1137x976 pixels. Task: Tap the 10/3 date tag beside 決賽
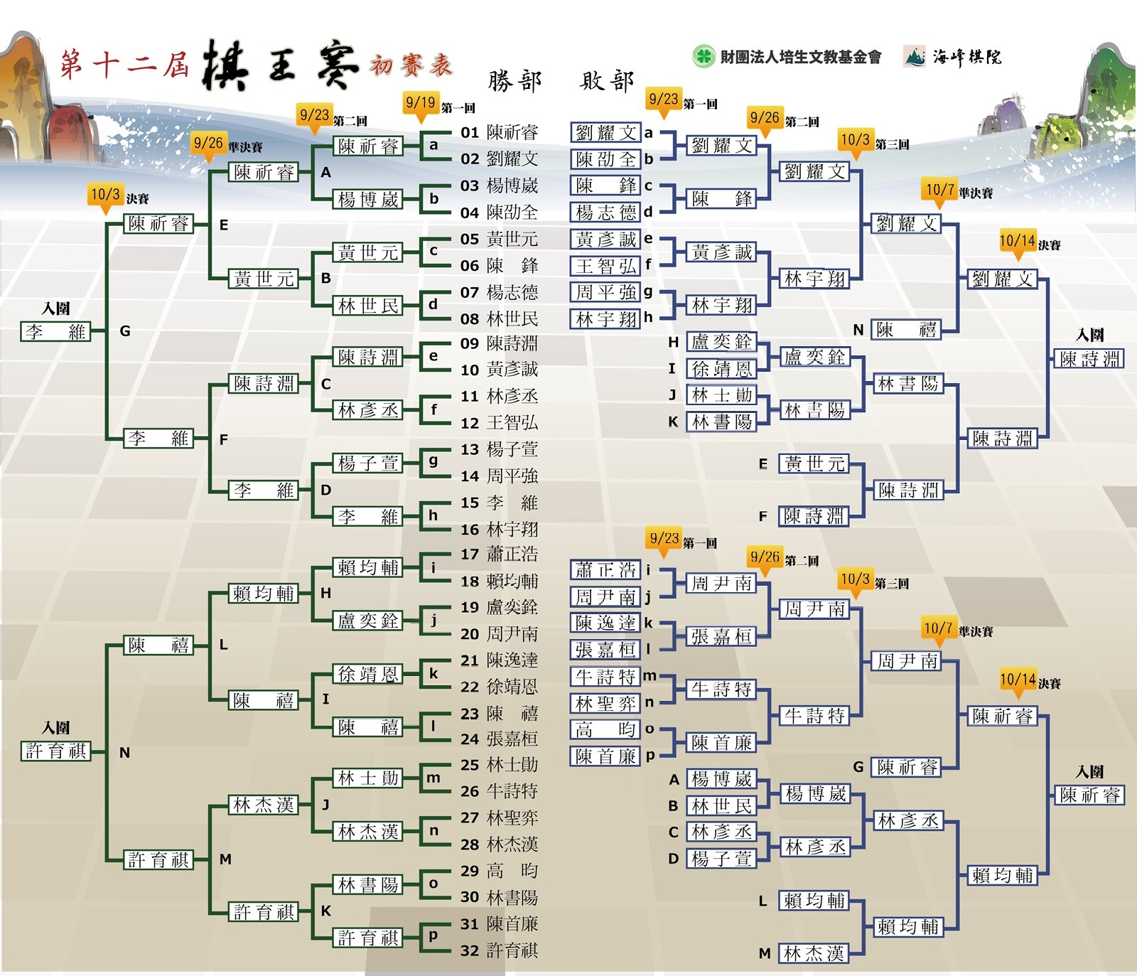click(x=105, y=196)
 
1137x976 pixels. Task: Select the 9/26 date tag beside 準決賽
click(x=208, y=145)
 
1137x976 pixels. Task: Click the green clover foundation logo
click(x=703, y=56)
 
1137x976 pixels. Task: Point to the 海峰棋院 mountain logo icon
click(x=915, y=56)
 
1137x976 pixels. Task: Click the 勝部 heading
click(x=514, y=81)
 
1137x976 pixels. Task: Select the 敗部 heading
click(x=607, y=81)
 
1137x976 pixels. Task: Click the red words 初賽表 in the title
click(x=411, y=65)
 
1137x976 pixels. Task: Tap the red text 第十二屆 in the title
click(x=124, y=64)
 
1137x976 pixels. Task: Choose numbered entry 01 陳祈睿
click(x=500, y=132)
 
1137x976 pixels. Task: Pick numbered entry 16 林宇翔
click(x=500, y=530)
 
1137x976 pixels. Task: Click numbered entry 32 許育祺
click(x=500, y=950)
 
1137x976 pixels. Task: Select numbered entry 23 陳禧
click(x=500, y=713)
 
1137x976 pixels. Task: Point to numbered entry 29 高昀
click(x=500, y=871)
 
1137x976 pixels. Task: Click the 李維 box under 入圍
click(x=56, y=332)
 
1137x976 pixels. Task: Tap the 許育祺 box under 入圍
click(x=56, y=751)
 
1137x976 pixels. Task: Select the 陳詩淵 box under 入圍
click(x=1089, y=359)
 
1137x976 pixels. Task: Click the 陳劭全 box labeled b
click(x=606, y=159)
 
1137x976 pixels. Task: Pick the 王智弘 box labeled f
click(x=606, y=266)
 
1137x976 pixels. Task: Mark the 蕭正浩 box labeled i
click(x=606, y=570)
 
